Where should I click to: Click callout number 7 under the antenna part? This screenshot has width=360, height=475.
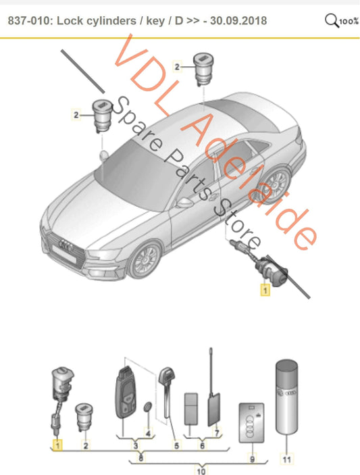tap(217, 432)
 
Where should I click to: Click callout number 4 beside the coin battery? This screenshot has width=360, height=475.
tap(150, 432)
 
